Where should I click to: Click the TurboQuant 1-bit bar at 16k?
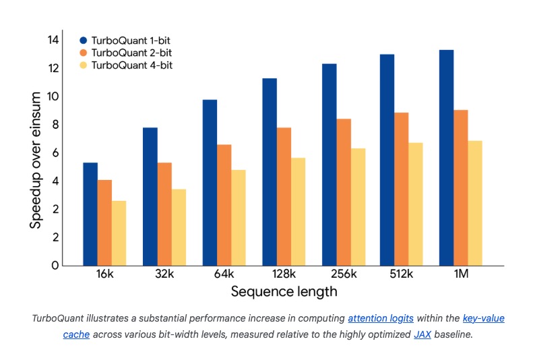pos(90,214)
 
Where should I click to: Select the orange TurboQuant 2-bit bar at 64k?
pos(224,205)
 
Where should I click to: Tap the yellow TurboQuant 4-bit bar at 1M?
pos(474,203)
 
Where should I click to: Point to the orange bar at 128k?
pos(284,196)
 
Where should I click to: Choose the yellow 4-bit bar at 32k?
pos(179,227)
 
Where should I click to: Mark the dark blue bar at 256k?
pos(329,164)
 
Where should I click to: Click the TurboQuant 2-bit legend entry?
pos(129,53)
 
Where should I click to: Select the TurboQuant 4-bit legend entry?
pos(129,65)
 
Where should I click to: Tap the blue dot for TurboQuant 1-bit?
pos(84,40)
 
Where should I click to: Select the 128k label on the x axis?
pos(284,275)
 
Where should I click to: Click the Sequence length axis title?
pos(284,292)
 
